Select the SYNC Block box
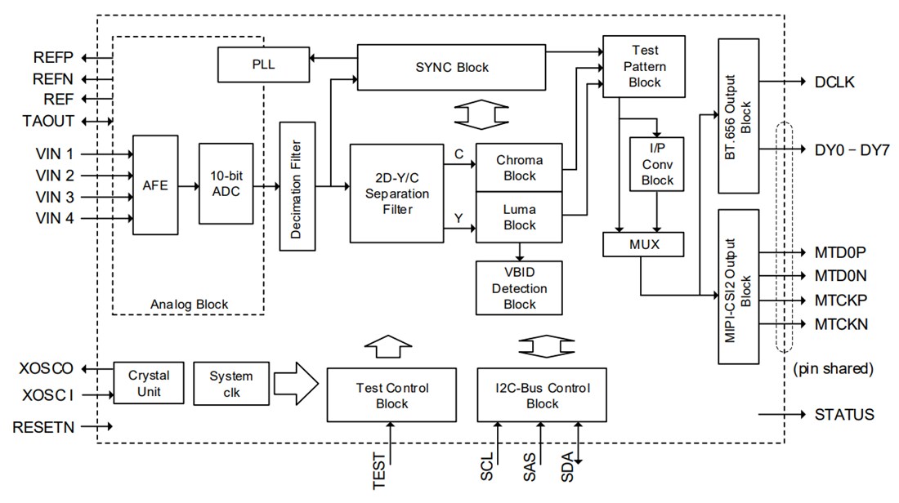[x=452, y=67]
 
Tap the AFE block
[x=154, y=185]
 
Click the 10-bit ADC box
[x=226, y=184]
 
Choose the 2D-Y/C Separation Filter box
[x=396, y=193]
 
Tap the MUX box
[x=642, y=243]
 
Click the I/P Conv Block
[x=656, y=163]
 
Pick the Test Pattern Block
[x=643, y=66]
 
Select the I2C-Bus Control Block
[x=542, y=395]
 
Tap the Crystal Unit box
[x=149, y=384]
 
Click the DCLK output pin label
[x=835, y=82]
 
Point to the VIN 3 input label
[x=55, y=197]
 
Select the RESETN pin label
[x=43, y=426]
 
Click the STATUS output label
[x=844, y=415]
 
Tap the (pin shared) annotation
[x=833, y=369]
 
